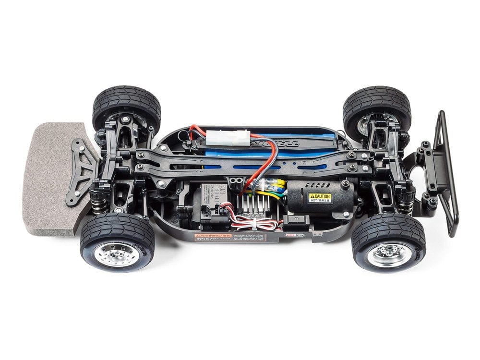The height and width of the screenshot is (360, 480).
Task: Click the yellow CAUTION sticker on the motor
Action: tap(319, 197)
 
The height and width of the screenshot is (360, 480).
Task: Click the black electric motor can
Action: tap(319, 197)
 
